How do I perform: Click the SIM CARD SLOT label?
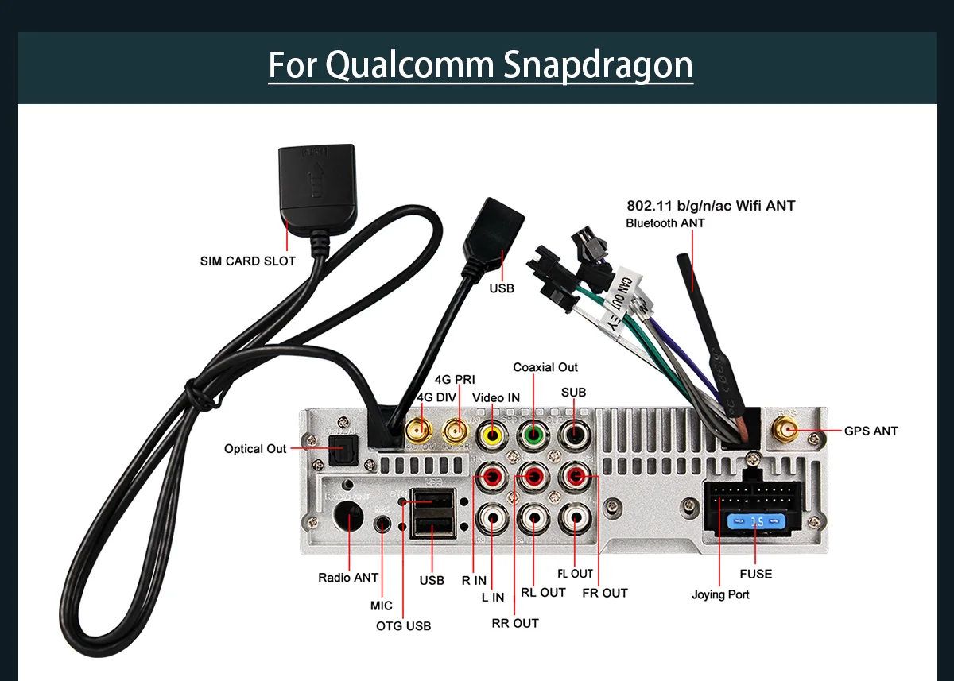pyautogui.click(x=247, y=261)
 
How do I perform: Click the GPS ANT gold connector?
pyautogui.click(x=788, y=431)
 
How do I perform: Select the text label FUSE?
pyautogui.click(x=755, y=574)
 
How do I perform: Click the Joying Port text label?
pyautogui.click(x=719, y=594)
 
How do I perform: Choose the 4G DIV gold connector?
pyautogui.click(x=419, y=431)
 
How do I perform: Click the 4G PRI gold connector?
pyautogui.click(x=456, y=431)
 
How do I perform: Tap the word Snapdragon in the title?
pyautogui.click(x=597, y=65)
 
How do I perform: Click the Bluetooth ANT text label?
pyautogui.click(x=665, y=223)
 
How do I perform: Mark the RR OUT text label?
pyautogui.click(x=515, y=623)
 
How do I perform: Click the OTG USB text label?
pyautogui.click(x=403, y=626)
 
